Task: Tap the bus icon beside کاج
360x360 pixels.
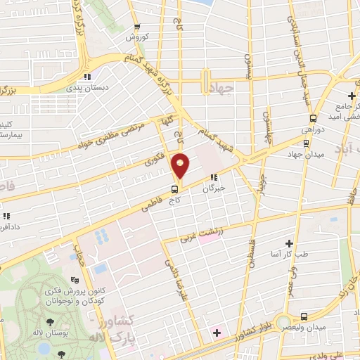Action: (x=174, y=188)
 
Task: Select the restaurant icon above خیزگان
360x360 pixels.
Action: (x=213, y=178)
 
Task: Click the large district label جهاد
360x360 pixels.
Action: (x=229, y=87)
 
